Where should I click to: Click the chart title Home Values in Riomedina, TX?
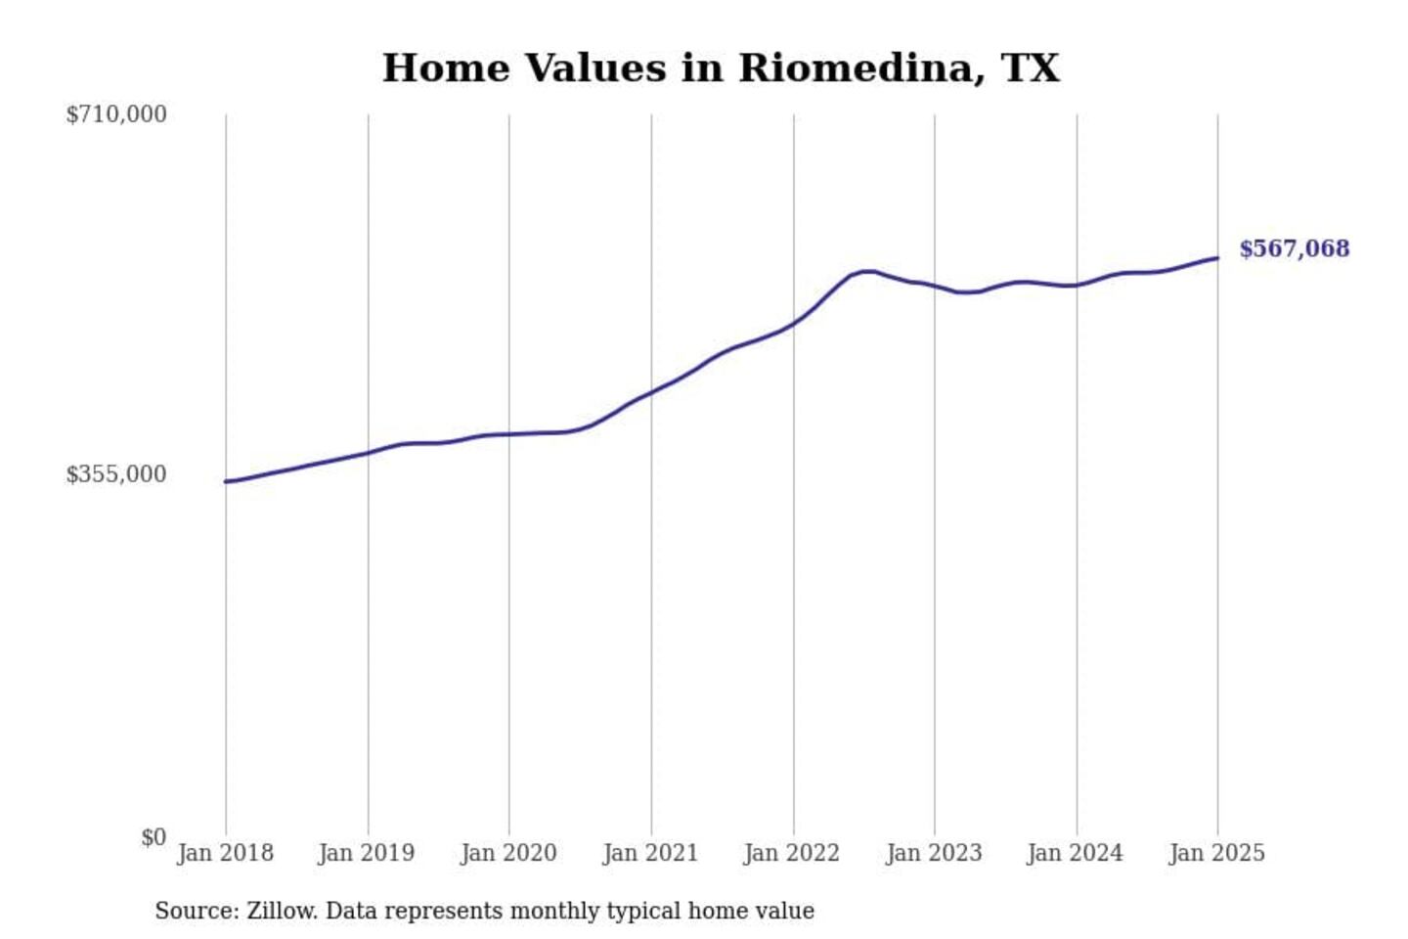[721, 68]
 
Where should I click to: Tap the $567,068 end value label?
[1294, 248]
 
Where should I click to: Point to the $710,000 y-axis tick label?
[116, 114]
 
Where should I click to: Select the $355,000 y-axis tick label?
[116, 474]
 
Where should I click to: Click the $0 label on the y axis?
[154, 837]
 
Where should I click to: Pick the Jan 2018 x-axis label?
[225, 853]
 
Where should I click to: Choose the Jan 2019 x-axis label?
[367, 853]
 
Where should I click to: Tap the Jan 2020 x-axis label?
[508, 853]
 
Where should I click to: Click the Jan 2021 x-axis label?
[650, 853]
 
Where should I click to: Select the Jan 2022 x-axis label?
[792, 853]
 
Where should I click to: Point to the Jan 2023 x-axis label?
[934, 853]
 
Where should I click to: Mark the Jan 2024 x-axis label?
[1075, 853]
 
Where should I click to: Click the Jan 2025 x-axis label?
[1216, 853]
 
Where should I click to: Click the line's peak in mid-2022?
[865, 271]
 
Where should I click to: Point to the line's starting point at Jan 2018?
[226, 481]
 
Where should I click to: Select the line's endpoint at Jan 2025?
[1217, 258]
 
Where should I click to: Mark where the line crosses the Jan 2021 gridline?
[651, 392]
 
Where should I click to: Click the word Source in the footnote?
[196, 911]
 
